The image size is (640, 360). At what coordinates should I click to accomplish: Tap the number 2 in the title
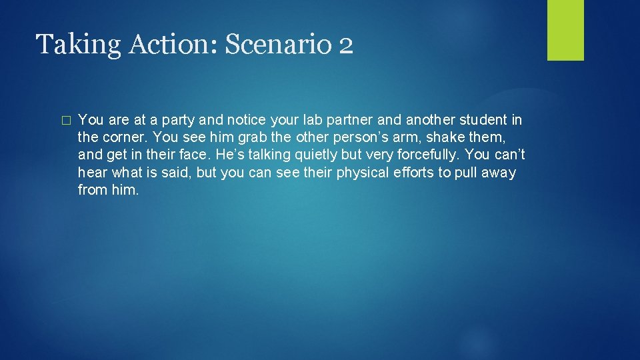click(345, 45)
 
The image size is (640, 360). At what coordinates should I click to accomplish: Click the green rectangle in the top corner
click(565, 30)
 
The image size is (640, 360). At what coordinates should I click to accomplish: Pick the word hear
click(91, 173)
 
